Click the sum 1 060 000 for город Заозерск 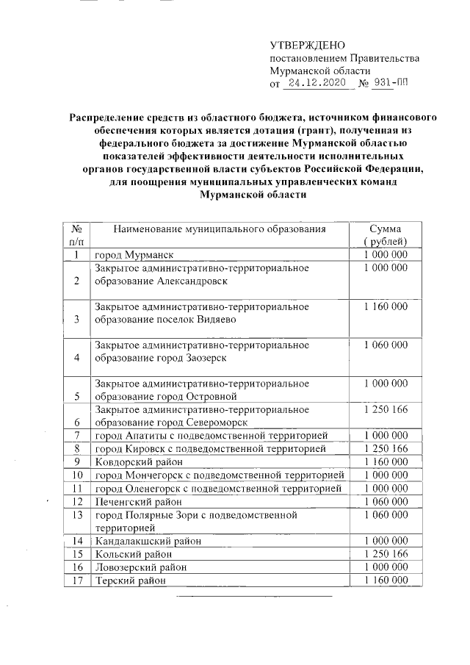pyautogui.click(x=385, y=345)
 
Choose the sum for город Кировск pyautogui.click(x=385, y=448)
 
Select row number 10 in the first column pyautogui.click(x=76, y=475)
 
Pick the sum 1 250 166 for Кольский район pyautogui.click(x=385, y=553)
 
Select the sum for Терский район pyautogui.click(x=385, y=580)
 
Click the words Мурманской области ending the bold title pyautogui.click(x=250, y=195)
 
